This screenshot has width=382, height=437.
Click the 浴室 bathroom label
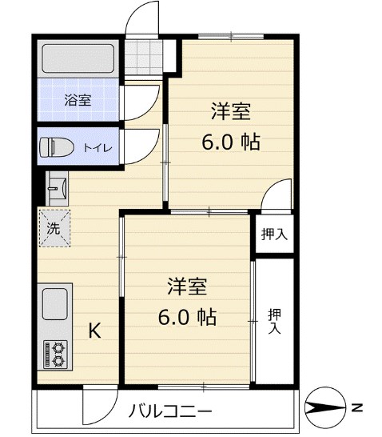[x=78, y=100]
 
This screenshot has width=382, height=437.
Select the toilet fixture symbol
[x=58, y=146]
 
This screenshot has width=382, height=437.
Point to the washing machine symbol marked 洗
[x=54, y=226]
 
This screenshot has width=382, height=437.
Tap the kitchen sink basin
[x=54, y=304]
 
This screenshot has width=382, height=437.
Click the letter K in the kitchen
[x=94, y=330]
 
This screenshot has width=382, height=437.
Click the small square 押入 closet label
[x=274, y=235]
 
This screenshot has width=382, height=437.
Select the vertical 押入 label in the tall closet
[x=274, y=321]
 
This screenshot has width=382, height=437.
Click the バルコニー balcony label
[x=171, y=413]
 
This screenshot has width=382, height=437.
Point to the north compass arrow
[x=326, y=411]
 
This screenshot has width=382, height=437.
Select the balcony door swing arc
[x=99, y=407]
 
